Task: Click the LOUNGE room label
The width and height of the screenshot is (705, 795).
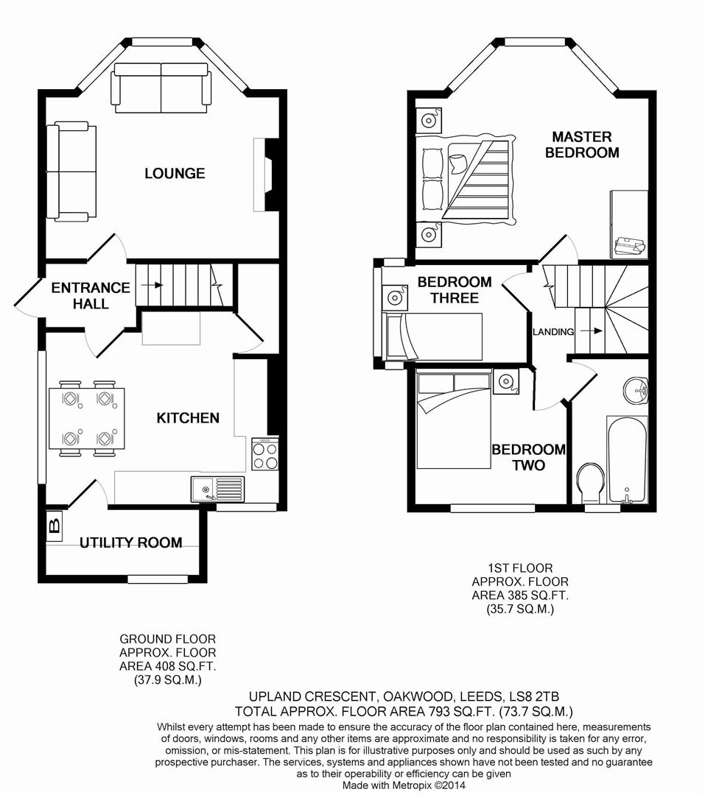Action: pyautogui.click(x=175, y=174)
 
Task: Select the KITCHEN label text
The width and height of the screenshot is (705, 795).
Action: pyautogui.click(x=188, y=418)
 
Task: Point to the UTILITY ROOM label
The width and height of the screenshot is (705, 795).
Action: pyautogui.click(x=131, y=543)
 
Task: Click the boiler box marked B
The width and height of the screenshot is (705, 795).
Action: pyautogui.click(x=53, y=526)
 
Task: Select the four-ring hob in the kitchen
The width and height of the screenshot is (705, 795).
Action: pyautogui.click(x=264, y=454)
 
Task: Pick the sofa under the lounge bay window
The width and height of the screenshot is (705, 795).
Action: pyautogui.click(x=161, y=87)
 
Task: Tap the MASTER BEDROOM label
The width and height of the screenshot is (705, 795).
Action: pyautogui.click(x=582, y=144)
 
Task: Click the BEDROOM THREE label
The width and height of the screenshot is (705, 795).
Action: pyautogui.click(x=454, y=289)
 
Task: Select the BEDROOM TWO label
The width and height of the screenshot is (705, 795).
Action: pyautogui.click(x=529, y=457)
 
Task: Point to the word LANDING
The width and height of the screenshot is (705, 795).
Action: pyautogui.click(x=553, y=332)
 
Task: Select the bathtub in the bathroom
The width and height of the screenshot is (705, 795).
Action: pyautogui.click(x=627, y=458)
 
